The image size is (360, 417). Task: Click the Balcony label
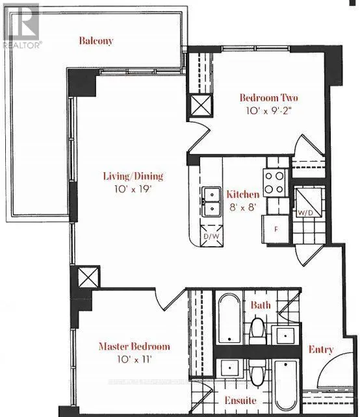coord(96,41)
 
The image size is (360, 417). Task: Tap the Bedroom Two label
coord(265,98)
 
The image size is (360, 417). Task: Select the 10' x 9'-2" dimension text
coord(265,111)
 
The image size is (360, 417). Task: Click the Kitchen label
coord(242,194)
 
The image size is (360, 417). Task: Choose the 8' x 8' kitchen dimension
coord(242,207)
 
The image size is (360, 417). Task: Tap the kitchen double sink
coord(211,202)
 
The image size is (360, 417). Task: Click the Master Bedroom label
coord(134,346)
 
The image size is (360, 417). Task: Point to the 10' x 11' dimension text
coord(134,359)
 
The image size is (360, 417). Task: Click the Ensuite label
coord(240,400)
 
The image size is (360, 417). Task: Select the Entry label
coord(321,349)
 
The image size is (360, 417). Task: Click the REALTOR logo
coord(21,26)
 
